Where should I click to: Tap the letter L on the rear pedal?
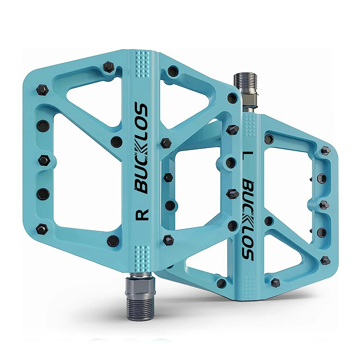pos(246,158)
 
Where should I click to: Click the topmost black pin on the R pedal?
pos(108,67)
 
